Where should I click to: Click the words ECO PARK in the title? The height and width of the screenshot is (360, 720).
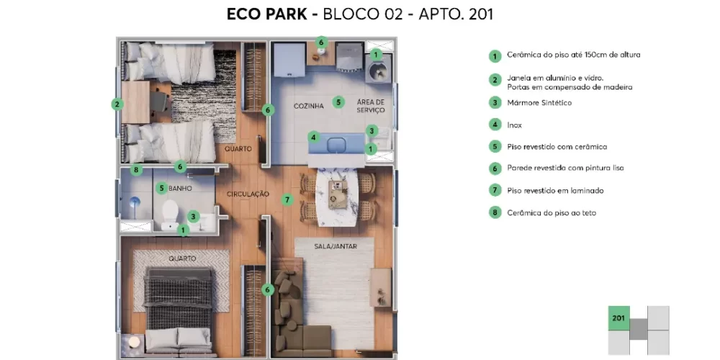coord(268,14)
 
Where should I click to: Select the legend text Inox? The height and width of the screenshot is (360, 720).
coord(514,125)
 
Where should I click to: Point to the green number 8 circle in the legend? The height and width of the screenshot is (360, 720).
coord(495,212)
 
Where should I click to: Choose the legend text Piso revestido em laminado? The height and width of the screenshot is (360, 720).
coord(555,191)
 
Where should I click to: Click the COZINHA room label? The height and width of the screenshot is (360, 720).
coord(309,106)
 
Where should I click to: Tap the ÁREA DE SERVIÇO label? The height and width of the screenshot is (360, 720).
coord(371,106)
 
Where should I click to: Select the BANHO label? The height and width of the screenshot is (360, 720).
coord(180,188)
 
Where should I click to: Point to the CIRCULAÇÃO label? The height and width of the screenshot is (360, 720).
coord(248,194)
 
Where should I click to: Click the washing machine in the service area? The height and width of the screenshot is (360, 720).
coord(379,69)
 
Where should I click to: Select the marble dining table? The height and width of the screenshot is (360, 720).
coord(338,197)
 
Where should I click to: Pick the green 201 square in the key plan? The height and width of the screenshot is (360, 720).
coord(618,318)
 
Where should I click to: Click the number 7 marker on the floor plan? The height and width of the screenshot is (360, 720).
coord(287,199)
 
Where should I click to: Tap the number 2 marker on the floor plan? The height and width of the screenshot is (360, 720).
coord(117,104)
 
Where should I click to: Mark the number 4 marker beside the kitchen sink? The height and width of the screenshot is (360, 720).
coord(314,137)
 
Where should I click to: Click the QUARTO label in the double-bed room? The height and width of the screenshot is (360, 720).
coord(182,258)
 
